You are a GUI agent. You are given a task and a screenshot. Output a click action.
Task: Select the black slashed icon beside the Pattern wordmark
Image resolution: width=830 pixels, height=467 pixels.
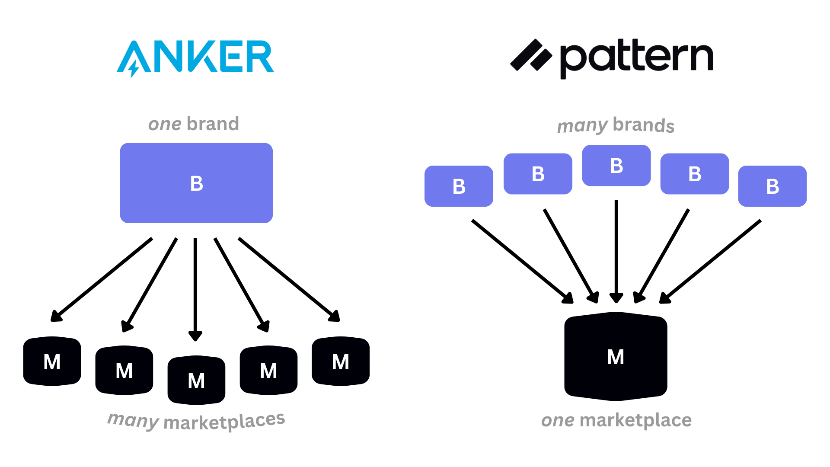[531, 55]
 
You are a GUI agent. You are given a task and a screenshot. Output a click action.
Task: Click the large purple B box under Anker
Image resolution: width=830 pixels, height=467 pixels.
[196, 183]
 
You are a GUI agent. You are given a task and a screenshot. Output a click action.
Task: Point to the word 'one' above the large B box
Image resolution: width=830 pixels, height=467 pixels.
[165, 125]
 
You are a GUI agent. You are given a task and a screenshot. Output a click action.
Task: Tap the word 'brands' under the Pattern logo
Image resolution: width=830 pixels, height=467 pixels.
[643, 125]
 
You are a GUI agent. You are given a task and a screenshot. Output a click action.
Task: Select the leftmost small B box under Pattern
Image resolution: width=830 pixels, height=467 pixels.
[459, 186]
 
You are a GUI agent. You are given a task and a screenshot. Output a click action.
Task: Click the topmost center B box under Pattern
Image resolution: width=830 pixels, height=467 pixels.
[616, 166]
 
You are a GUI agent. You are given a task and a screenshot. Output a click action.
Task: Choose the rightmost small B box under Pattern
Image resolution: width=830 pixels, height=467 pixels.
[772, 186]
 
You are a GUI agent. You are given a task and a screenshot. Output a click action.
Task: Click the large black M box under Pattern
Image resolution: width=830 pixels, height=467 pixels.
[616, 356]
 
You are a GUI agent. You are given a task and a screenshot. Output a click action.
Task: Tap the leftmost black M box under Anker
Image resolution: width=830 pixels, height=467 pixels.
[52, 361]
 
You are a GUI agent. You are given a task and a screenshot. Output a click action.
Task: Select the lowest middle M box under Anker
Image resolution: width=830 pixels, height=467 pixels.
[196, 380]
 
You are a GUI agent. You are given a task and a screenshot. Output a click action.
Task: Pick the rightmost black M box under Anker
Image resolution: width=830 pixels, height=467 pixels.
[340, 361]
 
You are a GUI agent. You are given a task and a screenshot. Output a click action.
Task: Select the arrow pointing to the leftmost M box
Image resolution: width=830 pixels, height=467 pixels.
[102, 279]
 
